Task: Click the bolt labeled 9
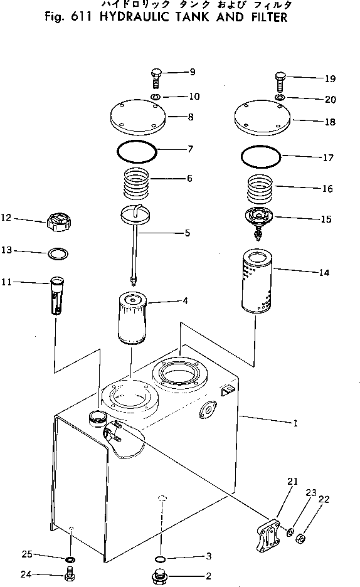156,78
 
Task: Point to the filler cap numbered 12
58,221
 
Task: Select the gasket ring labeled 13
58,253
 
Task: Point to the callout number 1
294,423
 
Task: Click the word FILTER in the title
263,17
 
